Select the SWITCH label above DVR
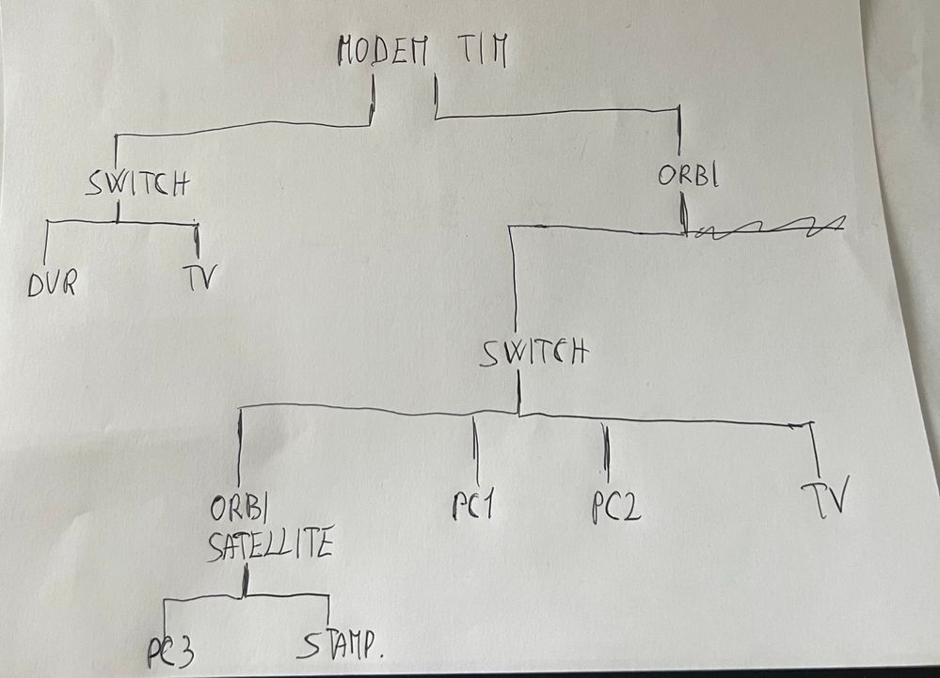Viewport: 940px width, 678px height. pos(135,182)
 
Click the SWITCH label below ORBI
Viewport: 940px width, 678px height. pos(533,354)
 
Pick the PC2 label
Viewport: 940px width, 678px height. pos(616,508)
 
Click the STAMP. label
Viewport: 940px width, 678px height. pos(344,646)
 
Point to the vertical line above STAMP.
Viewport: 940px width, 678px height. pos(327,610)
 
